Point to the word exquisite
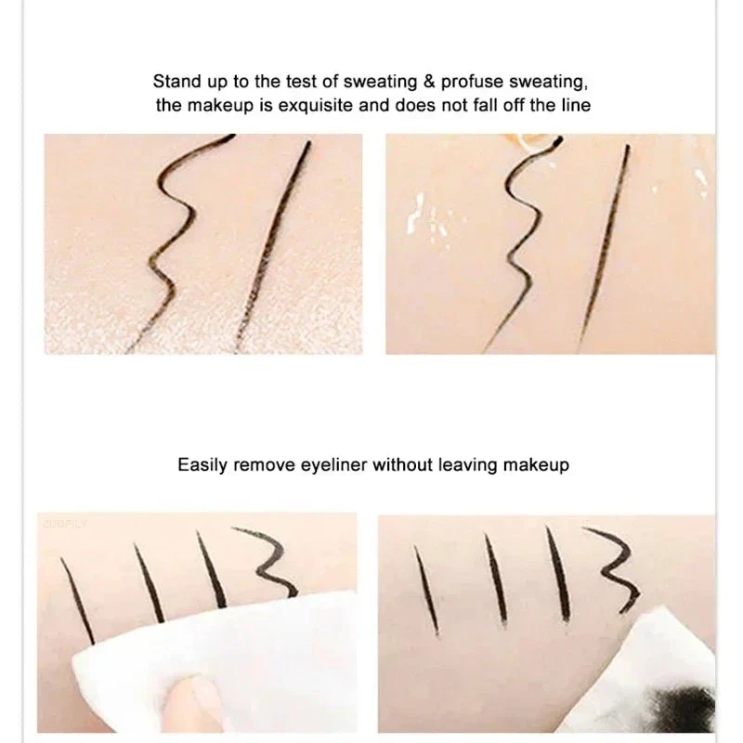tap(316, 106)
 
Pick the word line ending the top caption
tap(574, 106)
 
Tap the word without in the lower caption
tap(403, 464)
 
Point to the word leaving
tap(468, 464)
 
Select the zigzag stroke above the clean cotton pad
tap(269, 562)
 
